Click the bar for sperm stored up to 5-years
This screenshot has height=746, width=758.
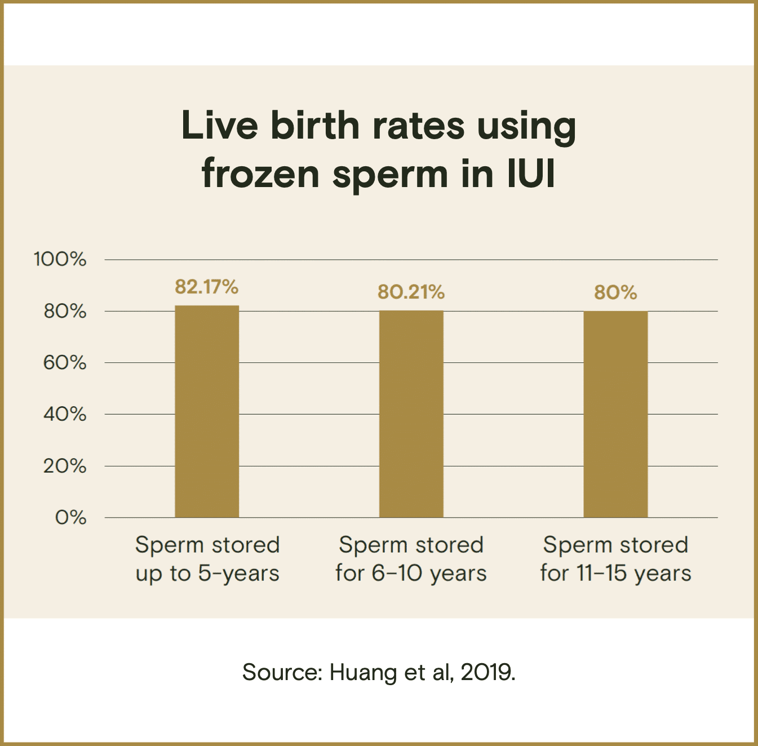coord(207,411)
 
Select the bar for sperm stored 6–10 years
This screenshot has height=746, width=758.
coord(411,414)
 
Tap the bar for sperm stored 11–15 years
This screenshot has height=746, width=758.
coord(615,414)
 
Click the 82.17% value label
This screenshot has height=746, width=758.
coord(206,287)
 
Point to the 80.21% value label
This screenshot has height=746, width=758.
coord(411,292)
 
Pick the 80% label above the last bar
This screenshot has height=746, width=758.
coord(615,293)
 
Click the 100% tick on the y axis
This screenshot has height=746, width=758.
coord(60,259)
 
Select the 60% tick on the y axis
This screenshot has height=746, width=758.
coord(65,362)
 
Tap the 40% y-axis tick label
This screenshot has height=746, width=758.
coord(65,414)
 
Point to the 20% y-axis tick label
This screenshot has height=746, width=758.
coord(65,466)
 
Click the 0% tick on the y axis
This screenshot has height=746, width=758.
coord(71,517)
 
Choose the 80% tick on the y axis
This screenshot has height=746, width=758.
coord(65,311)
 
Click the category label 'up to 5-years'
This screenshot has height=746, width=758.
coord(207,574)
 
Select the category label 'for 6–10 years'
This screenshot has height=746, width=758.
coord(411,574)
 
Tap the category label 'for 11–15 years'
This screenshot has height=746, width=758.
coord(615,574)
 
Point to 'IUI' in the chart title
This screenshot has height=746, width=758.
coord(531,174)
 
